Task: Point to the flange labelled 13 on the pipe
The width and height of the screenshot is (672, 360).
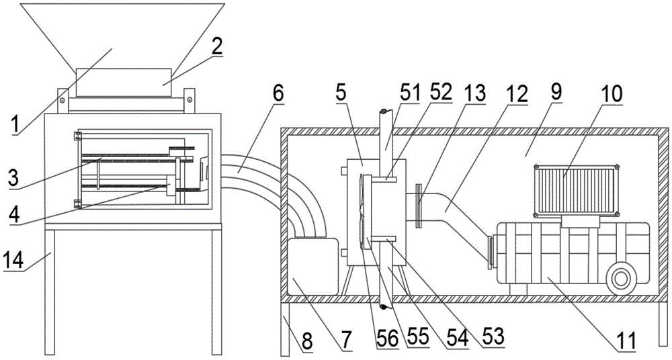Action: pos(418,204)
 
